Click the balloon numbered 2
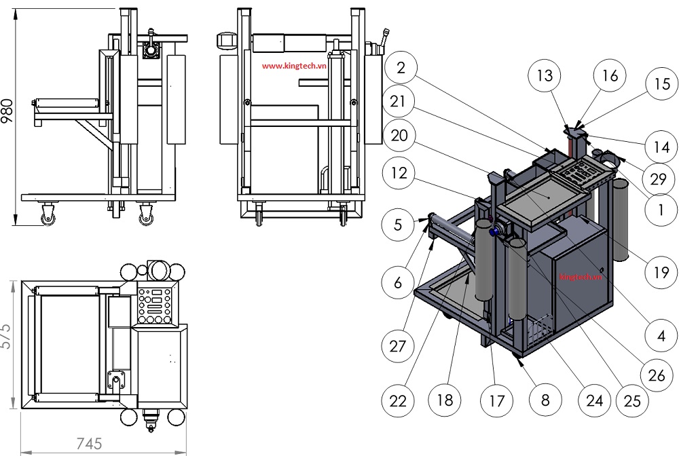click(x=401, y=67)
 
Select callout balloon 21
click(x=401, y=102)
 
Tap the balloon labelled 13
click(x=545, y=75)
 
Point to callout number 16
click(x=610, y=75)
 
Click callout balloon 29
click(x=658, y=179)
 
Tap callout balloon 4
click(x=657, y=335)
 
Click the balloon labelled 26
click(x=657, y=373)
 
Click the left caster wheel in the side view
click(x=48, y=216)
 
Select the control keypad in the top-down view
click(x=154, y=306)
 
